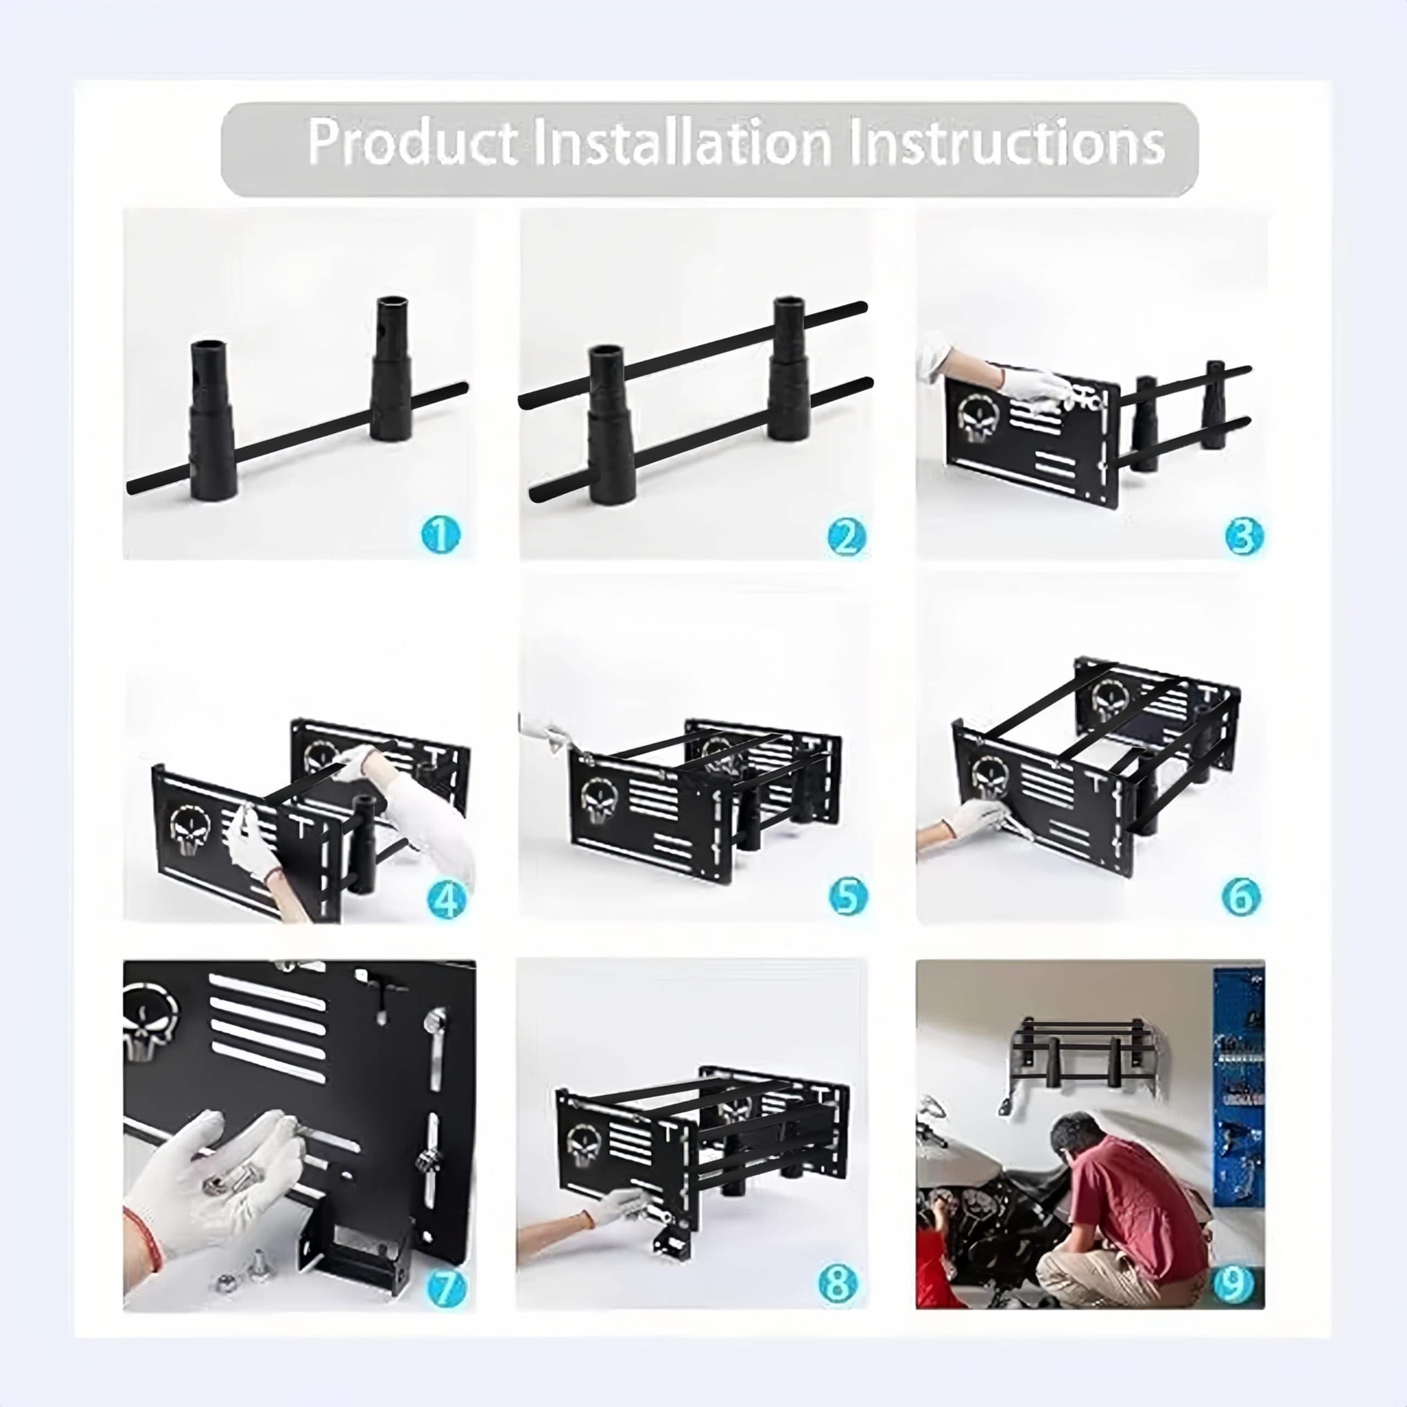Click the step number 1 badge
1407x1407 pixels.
tap(441, 535)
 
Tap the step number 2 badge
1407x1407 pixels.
tap(846, 537)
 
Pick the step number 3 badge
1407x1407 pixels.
tap(1243, 536)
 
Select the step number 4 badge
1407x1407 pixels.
tap(445, 900)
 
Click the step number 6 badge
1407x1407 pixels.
tap(1240, 896)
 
